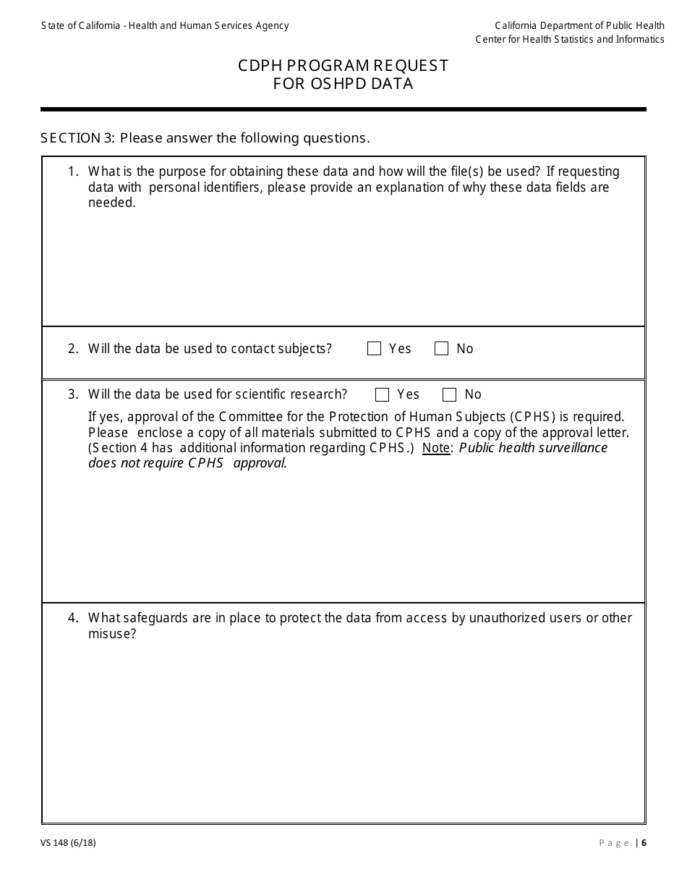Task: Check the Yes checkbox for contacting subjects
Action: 374,349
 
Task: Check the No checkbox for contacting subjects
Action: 441,349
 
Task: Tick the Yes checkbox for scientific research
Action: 383,394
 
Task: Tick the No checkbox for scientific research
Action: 449,394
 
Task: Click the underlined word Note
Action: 436,448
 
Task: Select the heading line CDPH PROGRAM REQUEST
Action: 343,66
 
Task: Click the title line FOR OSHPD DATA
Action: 343,84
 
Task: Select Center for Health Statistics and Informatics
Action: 569,40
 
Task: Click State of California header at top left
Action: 164,26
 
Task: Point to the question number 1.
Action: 72,172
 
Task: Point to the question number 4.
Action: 72,618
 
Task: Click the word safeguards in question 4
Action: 150,618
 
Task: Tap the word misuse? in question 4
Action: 112,634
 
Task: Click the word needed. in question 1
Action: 111,203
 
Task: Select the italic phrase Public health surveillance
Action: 533,448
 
